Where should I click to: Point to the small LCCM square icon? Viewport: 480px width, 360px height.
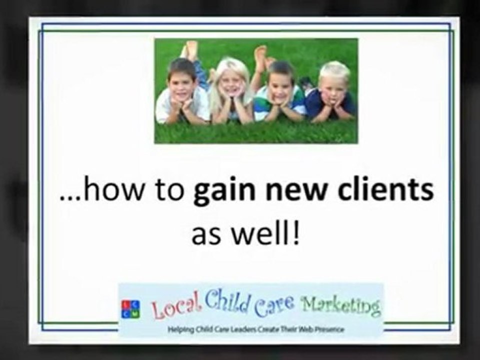tap(130, 309)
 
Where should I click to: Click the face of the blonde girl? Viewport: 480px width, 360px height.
tap(231, 81)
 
